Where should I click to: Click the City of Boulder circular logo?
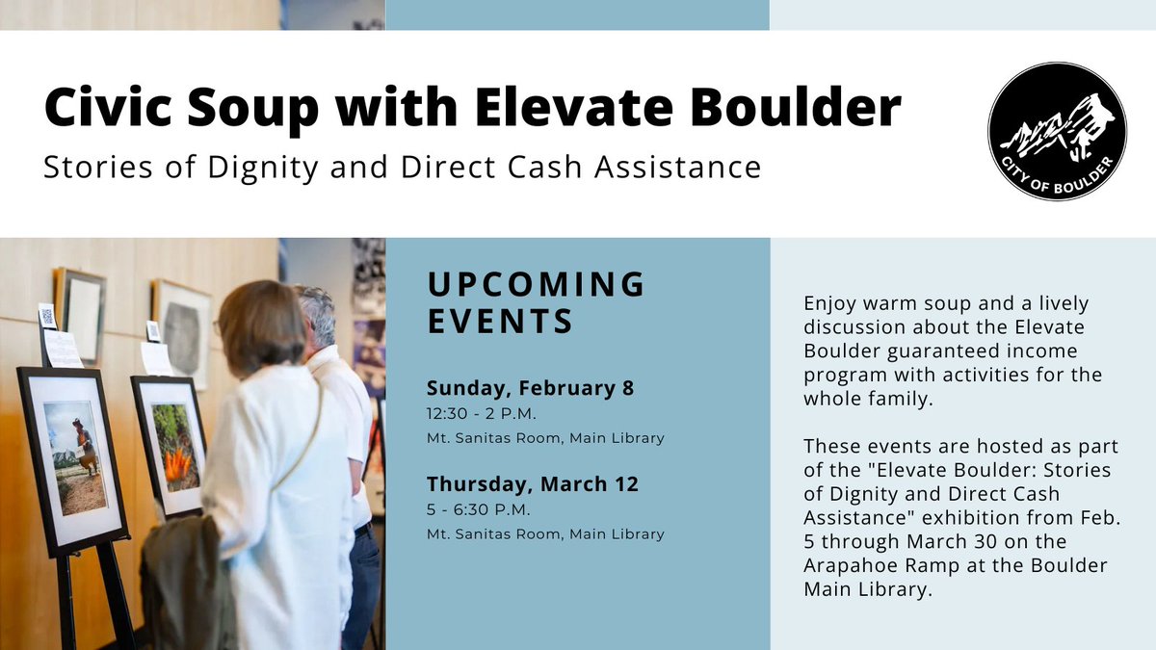(1057, 131)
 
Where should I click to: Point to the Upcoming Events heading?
(536, 301)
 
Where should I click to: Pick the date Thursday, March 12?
(533, 484)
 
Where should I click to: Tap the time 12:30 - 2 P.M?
(481, 414)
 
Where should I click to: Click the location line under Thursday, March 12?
(545, 533)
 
